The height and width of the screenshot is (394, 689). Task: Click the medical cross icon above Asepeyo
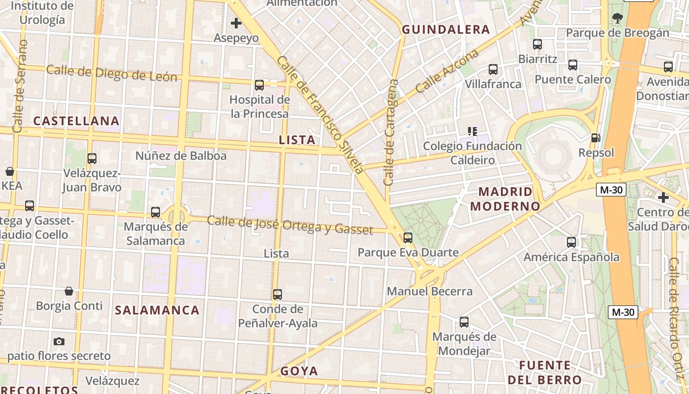click(x=236, y=23)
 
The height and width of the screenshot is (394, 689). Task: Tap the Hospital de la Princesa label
click(x=260, y=106)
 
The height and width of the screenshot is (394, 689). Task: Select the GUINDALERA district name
click(x=446, y=30)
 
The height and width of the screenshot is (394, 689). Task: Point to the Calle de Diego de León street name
click(x=111, y=73)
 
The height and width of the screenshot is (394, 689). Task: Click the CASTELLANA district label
click(x=76, y=121)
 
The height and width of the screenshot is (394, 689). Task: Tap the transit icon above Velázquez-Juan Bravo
click(x=92, y=159)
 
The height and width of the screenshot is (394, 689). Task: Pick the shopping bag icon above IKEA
click(x=10, y=171)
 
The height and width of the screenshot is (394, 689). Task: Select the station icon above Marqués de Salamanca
click(x=156, y=212)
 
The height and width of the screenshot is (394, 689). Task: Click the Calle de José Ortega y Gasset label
click(x=290, y=225)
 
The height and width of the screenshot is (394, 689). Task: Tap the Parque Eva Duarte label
click(x=408, y=253)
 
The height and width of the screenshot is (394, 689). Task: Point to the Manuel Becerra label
click(x=430, y=291)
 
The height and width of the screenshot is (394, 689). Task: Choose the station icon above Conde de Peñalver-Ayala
click(x=278, y=295)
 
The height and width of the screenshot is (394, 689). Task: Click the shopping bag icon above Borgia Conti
click(x=69, y=291)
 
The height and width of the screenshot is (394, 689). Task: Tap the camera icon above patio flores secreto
click(x=59, y=341)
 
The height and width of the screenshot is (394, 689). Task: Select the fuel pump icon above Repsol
click(x=595, y=138)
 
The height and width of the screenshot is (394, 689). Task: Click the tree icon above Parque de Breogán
click(x=618, y=19)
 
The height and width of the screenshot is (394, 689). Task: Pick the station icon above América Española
click(x=571, y=242)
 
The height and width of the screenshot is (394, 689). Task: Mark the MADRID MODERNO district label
click(x=502, y=198)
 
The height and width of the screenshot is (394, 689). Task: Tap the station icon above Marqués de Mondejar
click(x=464, y=322)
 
